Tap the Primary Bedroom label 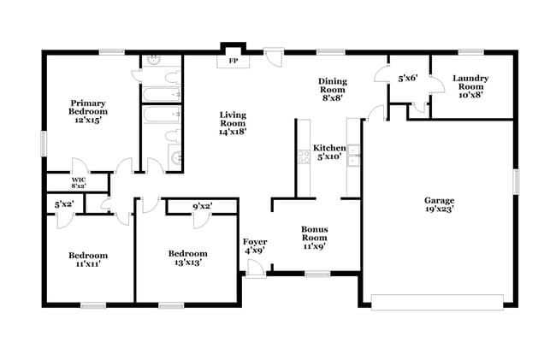[89, 111]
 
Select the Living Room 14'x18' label [233, 123]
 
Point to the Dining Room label [332, 89]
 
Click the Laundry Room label [471, 86]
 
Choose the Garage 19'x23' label [439, 205]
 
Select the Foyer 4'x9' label [255, 245]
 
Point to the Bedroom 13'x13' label [187, 258]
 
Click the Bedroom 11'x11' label [89, 259]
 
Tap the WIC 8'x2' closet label [78, 182]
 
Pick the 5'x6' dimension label [406, 79]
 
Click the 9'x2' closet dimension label [203, 205]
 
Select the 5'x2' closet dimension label [64, 205]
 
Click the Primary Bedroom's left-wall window [44, 143]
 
